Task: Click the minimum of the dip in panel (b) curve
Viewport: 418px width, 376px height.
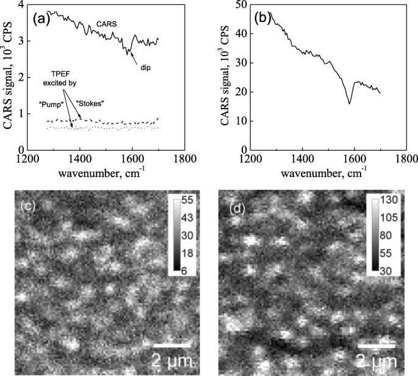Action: pyautogui.click(x=350, y=103)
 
